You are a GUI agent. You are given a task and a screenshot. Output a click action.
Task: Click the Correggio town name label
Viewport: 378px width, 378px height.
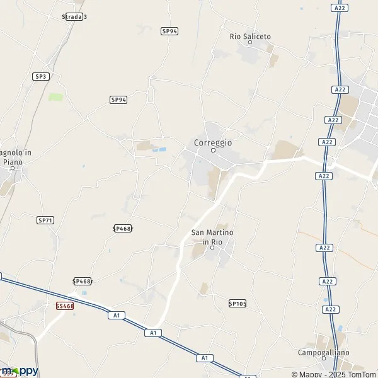[213, 142]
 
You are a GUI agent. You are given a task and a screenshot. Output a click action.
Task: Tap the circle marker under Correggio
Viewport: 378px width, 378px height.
[213, 151]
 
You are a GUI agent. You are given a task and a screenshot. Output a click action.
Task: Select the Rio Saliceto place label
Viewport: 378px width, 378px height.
[250, 37]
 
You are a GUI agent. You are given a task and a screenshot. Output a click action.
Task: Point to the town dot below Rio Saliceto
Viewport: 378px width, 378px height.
[250, 43]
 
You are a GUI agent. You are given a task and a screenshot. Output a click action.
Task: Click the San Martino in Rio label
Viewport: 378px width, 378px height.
[212, 237]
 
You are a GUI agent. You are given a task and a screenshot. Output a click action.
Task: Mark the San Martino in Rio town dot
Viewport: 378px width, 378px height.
[212, 248]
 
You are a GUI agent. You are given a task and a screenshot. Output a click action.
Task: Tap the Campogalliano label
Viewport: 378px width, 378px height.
[324, 353]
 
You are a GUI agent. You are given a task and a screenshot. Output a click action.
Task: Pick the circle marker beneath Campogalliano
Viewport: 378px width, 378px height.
[324, 360]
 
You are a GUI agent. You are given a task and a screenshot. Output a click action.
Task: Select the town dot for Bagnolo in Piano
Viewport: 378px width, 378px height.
[12, 168]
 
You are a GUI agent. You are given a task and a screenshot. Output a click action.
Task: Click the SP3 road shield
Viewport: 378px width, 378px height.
[41, 76]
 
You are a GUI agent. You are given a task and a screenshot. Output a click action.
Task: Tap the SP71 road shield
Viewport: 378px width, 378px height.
[45, 220]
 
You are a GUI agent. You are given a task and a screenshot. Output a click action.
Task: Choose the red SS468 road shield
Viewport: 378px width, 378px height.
[65, 306]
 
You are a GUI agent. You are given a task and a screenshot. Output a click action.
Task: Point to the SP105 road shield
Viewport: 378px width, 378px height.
[238, 303]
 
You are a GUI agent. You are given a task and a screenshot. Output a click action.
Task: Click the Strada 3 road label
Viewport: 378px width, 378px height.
[74, 17]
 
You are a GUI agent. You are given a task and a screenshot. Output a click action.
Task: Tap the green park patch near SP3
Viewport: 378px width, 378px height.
[56, 98]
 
